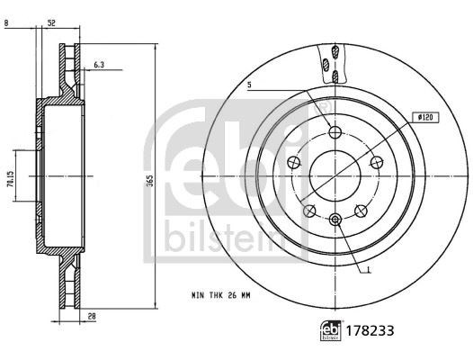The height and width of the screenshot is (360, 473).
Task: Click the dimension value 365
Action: tap(151, 180)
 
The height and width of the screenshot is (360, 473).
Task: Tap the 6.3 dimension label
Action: tap(99, 64)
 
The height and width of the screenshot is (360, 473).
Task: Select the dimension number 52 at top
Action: tap(51, 23)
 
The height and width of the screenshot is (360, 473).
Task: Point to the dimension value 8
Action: tap(6, 23)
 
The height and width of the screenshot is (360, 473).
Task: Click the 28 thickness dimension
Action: tap(92, 316)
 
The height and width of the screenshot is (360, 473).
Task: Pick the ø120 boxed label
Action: tap(426, 117)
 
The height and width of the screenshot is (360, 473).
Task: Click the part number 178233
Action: tap(370, 331)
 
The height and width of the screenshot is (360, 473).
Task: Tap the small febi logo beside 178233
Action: tap(331, 330)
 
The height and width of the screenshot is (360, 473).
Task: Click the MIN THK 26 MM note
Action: tap(221, 295)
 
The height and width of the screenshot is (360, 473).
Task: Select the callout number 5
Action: tap(249, 85)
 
